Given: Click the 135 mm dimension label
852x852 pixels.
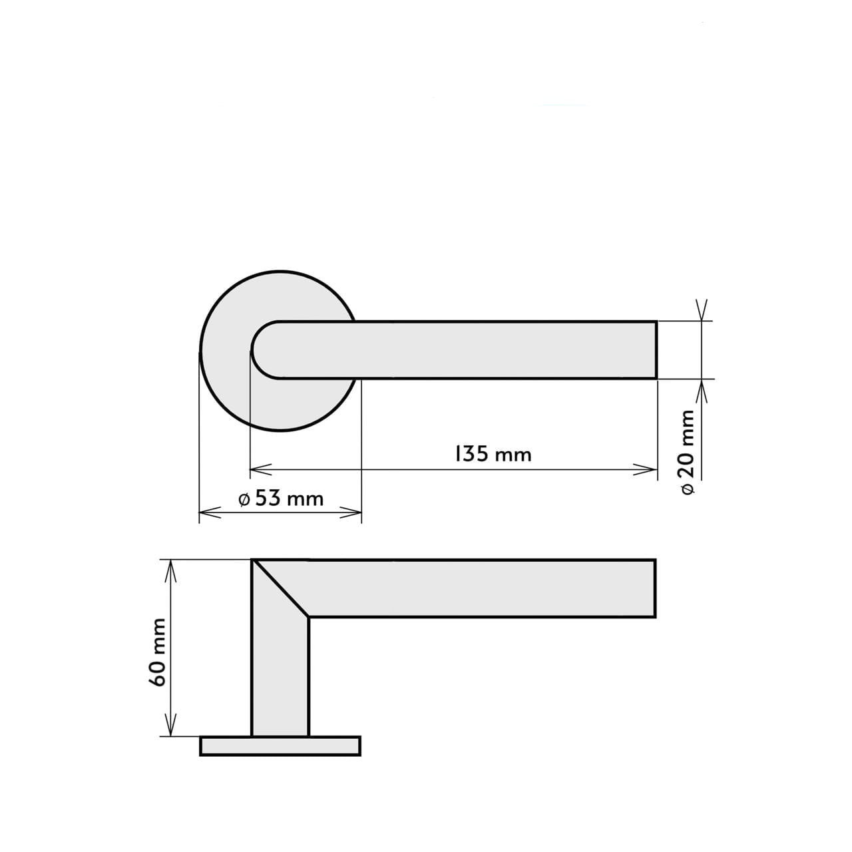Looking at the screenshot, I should point(493,454).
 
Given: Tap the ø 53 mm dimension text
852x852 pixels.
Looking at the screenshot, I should point(280,498).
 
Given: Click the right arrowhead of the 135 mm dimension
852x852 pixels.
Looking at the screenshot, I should point(646,470).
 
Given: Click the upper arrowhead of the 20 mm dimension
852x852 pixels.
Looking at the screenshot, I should point(701,311).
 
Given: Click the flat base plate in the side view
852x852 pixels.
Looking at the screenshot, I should point(280,745).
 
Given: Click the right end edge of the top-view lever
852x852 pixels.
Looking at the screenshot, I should point(656,350).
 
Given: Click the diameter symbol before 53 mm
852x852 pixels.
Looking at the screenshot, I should point(244,499).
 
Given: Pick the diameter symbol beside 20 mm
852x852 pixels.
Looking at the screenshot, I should point(688,488).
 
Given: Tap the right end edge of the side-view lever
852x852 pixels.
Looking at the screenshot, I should point(656,588).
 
